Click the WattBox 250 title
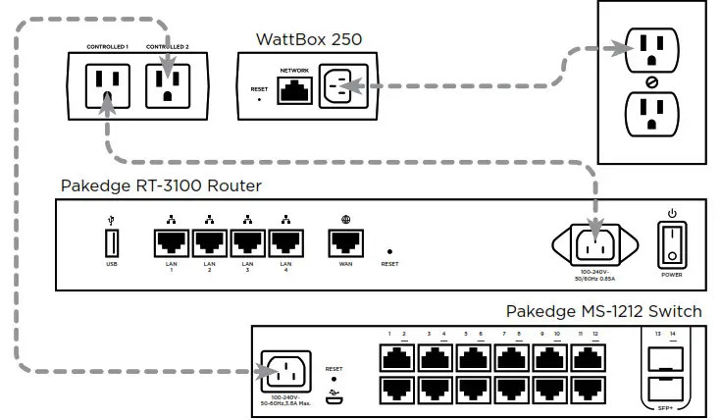[x=309, y=39]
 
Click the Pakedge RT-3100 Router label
[x=161, y=185]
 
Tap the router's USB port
[x=111, y=240]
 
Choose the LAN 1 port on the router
[x=172, y=240]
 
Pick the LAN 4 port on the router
[x=285, y=240]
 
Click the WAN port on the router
[x=345, y=240]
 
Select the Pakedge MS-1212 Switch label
[x=603, y=311]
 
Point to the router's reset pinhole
[x=389, y=251]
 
